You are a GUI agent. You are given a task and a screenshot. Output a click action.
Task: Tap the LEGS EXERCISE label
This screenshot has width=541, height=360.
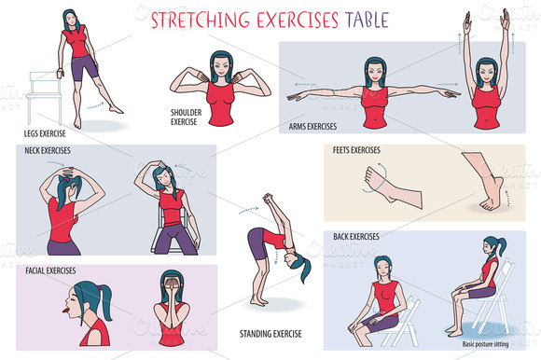click(x=43, y=133)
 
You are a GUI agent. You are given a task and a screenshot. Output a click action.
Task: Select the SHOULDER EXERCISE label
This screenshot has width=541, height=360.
click(x=183, y=117)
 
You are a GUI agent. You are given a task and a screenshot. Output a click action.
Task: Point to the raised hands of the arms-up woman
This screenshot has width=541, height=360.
click(x=492, y=19)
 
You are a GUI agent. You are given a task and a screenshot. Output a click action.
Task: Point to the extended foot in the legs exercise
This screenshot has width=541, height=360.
click(x=113, y=108)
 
